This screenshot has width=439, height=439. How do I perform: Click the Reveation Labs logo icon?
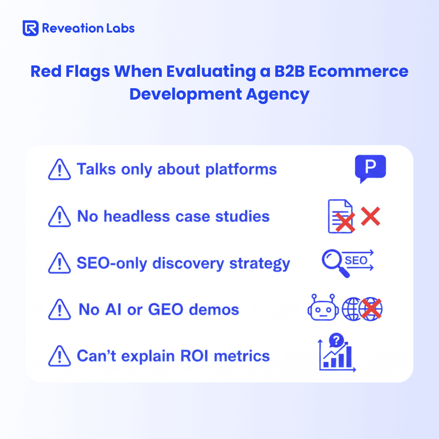(30, 28)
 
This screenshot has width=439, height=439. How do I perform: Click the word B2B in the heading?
(289, 71)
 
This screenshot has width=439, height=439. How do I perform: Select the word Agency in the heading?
(278, 94)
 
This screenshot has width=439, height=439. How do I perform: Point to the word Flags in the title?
(87, 72)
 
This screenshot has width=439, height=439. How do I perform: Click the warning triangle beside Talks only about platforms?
(59, 170)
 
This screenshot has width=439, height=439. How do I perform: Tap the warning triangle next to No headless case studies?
(59, 216)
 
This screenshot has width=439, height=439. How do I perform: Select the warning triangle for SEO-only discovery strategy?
(59, 263)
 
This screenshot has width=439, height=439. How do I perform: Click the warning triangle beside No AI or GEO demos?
(59, 309)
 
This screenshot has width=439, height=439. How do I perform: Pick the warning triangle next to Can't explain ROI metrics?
(59, 356)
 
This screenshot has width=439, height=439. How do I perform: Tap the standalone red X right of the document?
(370, 216)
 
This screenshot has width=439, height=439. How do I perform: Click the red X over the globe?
(371, 309)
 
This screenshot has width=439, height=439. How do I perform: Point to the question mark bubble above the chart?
(336, 340)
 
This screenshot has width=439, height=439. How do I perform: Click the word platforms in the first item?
(241, 170)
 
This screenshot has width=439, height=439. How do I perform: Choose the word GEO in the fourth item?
(165, 309)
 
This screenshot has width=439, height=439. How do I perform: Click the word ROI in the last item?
(194, 356)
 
